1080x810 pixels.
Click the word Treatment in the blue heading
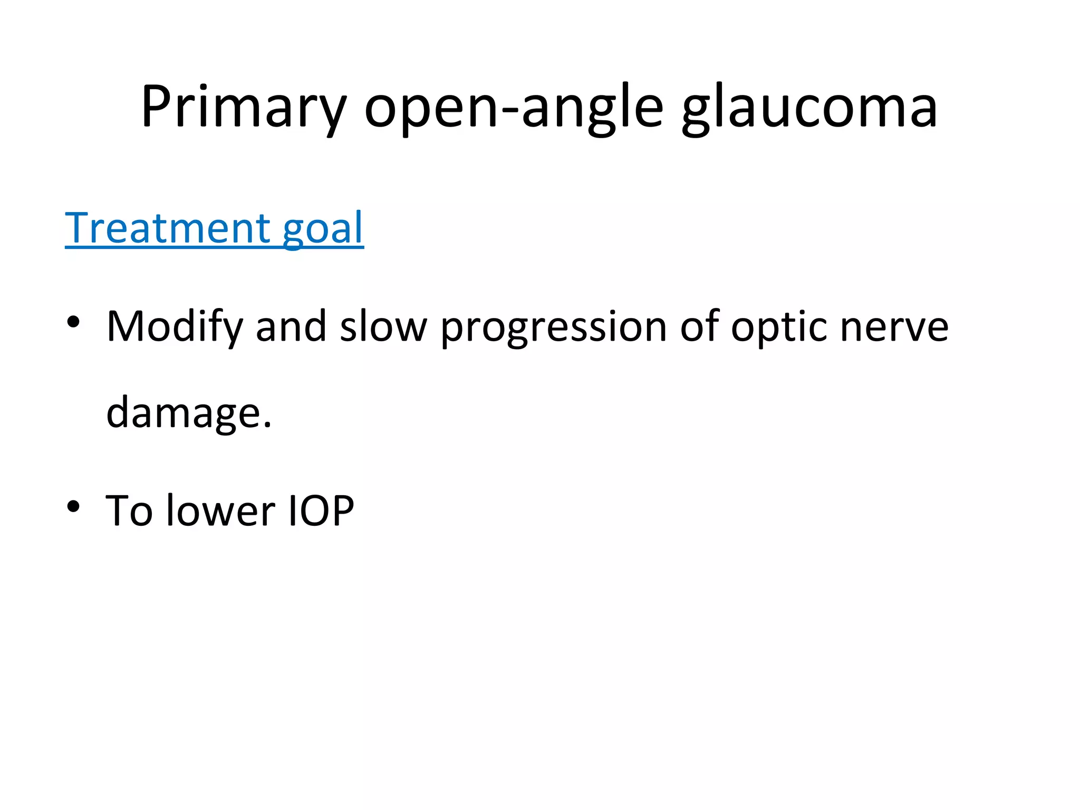click(168, 228)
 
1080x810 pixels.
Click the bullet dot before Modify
click(73, 322)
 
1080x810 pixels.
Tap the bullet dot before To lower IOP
click(73, 507)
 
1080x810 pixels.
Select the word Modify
click(175, 327)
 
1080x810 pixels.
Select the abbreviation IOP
click(321, 510)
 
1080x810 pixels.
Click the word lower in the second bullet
click(220, 510)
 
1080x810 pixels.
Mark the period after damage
click(267, 424)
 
